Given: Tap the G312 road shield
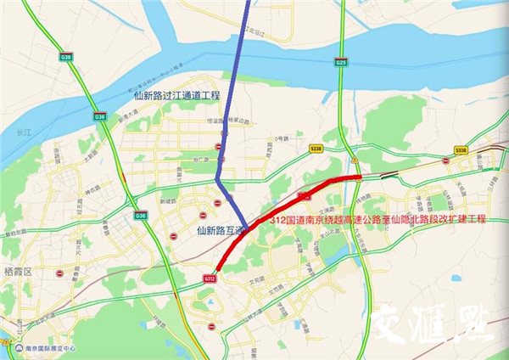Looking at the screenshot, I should [x=210, y=277].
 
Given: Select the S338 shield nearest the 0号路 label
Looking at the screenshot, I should [x=316, y=148].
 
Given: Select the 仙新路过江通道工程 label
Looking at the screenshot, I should [x=176, y=96].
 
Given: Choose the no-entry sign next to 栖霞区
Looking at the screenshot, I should [x=59, y=274].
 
